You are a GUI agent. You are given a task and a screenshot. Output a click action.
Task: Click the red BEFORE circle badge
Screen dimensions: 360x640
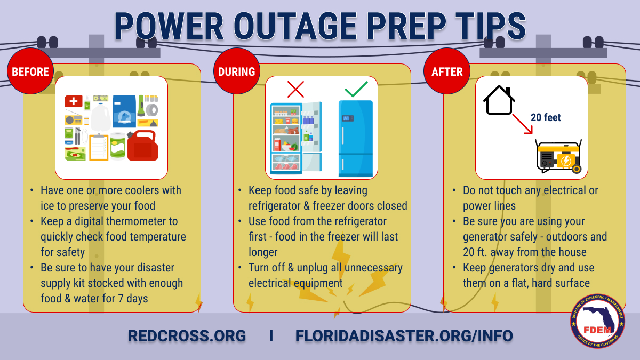pos(30,71)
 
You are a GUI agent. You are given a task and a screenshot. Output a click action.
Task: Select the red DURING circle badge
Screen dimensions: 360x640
pos(236,71)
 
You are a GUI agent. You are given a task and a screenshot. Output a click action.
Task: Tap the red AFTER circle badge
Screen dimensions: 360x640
pos(447,71)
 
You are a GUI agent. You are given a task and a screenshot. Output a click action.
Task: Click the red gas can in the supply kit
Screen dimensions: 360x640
pos(142,145)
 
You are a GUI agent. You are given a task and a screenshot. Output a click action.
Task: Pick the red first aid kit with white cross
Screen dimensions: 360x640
pos(73,101)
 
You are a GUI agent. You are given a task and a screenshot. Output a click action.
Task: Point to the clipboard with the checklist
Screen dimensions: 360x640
pos(98,147)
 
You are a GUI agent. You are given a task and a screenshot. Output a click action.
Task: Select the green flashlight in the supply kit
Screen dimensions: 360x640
pos(141,106)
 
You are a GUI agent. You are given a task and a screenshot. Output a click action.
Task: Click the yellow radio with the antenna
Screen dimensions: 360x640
pos(73,119)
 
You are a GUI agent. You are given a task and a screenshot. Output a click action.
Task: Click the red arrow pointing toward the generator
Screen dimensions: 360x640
pos(523,124)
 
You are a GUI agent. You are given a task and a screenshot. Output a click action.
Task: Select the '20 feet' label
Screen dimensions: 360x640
pos(546,117)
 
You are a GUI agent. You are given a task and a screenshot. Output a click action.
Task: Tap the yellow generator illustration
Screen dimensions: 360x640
pos(558,157)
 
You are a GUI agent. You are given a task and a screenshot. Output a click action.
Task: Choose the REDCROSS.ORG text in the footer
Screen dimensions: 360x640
pos(187,336)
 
